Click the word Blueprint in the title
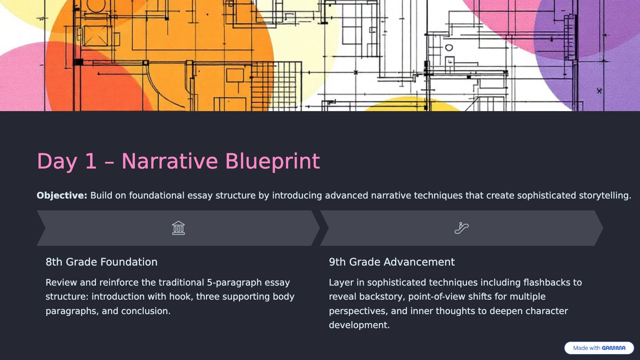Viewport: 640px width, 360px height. (x=272, y=161)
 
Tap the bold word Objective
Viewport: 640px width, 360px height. (x=62, y=196)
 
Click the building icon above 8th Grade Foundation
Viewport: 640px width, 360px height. (x=179, y=228)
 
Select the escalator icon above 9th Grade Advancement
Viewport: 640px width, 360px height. (x=461, y=228)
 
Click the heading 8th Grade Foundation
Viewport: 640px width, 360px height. (x=101, y=262)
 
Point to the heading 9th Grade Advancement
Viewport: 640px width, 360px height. (x=392, y=262)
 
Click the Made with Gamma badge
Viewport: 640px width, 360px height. (x=599, y=348)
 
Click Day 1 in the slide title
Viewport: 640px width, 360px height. (x=67, y=161)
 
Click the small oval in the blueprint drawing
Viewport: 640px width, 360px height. (x=449, y=47)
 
